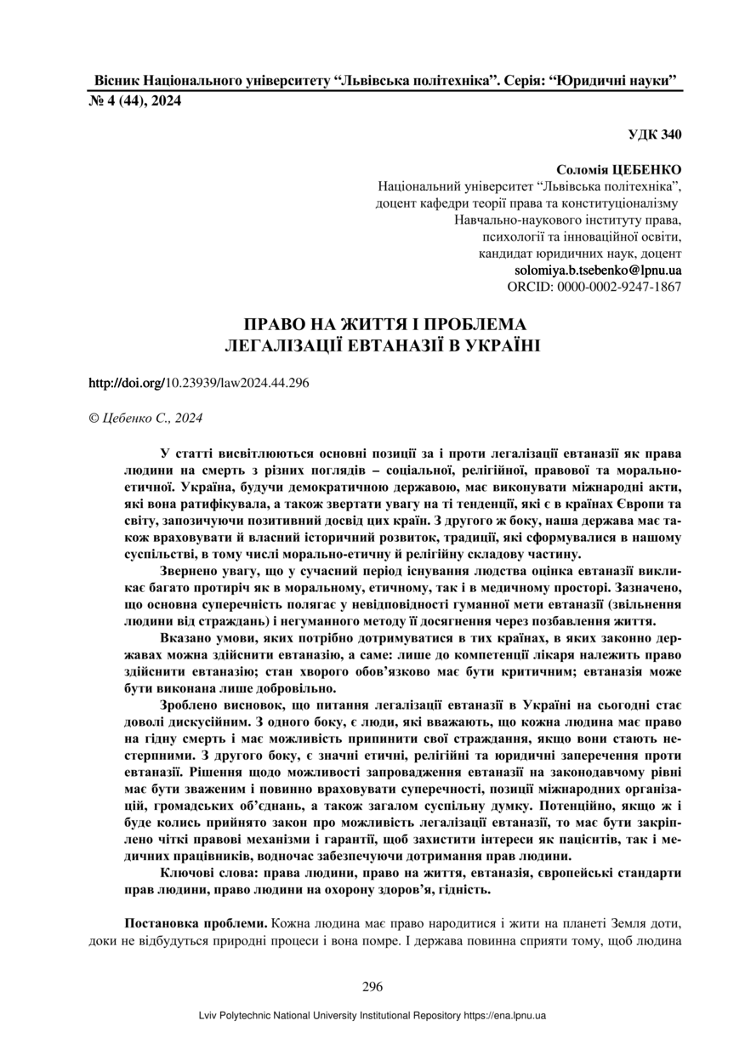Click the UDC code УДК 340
(655, 134)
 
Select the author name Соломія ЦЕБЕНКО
(618, 171)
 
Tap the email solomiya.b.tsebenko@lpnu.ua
(598, 270)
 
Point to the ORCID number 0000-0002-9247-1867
(619, 287)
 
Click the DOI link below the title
(199, 382)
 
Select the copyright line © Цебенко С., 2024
(145, 418)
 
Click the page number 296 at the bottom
(372, 987)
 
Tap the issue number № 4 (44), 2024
(135, 100)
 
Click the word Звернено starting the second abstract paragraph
(190, 560)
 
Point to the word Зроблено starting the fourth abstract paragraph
(191, 707)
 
